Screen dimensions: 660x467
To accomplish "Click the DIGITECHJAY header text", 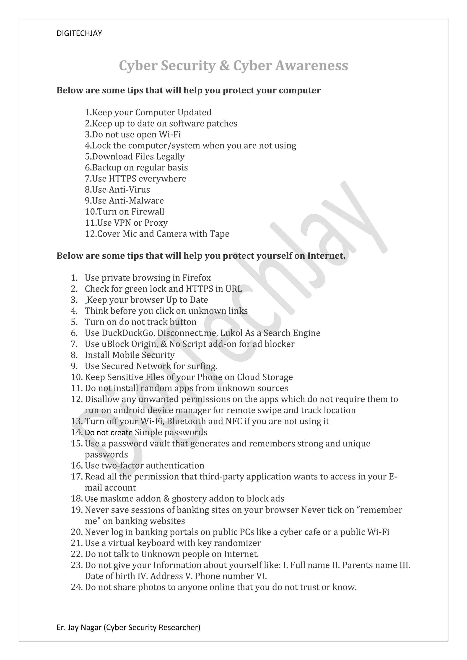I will pos(79,33).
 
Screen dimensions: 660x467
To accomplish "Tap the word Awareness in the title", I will pos(312,66).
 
